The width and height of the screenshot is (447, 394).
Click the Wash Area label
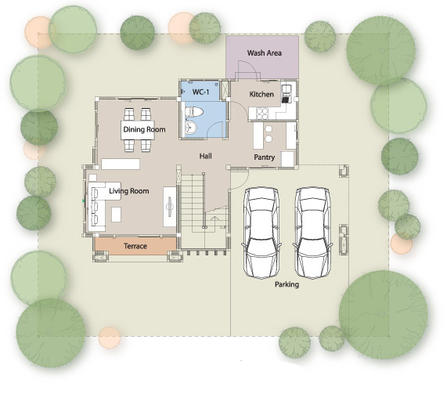pyautogui.click(x=265, y=53)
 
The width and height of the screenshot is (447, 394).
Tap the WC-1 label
pyautogui.click(x=200, y=92)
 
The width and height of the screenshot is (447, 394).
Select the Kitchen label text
pyautogui.click(x=261, y=94)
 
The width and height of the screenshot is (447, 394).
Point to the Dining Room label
pyautogui.click(x=144, y=129)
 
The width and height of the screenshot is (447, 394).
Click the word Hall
pyautogui.click(x=205, y=156)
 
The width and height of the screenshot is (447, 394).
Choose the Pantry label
pyautogui.click(x=265, y=157)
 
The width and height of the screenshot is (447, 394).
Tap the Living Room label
pyautogui.click(x=129, y=191)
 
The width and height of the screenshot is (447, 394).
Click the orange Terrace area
pyautogui.click(x=135, y=246)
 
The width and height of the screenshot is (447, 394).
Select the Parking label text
pyautogui.click(x=287, y=284)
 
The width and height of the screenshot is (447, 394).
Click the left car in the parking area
pyautogui.click(x=261, y=233)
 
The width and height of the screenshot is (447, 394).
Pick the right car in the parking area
pyautogui.click(x=312, y=233)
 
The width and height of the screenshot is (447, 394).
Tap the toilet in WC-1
pyautogui.click(x=194, y=111)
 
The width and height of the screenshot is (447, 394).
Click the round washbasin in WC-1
pyautogui.click(x=191, y=128)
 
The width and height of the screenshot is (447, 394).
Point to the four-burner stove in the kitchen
pyautogui.click(x=262, y=114)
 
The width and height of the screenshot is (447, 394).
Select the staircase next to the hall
pyautogui.click(x=205, y=211)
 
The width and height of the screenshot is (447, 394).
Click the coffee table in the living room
pyautogui.click(x=116, y=215)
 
